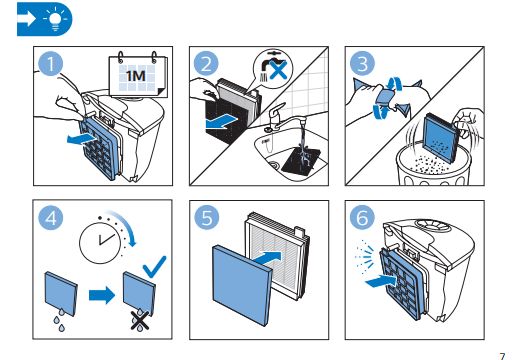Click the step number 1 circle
(50, 64)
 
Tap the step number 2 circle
(206, 64)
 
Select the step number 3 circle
(362, 64)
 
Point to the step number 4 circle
(50, 218)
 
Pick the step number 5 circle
(207, 218)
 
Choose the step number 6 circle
(362, 218)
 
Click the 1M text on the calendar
(136, 76)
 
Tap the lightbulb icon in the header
(56, 19)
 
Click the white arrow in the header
(27, 19)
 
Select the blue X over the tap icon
(278, 70)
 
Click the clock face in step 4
(100, 243)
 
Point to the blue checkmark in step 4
(154, 267)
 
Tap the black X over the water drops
(140, 320)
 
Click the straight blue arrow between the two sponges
(102, 295)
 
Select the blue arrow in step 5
(267, 258)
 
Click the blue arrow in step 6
(381, 282)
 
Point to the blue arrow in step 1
(81, 138)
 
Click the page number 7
(502, 356)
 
